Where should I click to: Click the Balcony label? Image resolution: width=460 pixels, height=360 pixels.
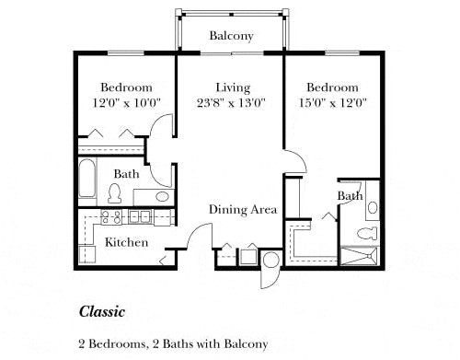pos(231,36)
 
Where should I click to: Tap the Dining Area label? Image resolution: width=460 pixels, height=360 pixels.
pos(242,210)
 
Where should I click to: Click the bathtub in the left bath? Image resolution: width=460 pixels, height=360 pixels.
pos(86,179)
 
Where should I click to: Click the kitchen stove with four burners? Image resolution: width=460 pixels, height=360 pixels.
pos(111,217)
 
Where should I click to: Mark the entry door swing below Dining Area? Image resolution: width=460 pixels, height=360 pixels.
pos(194,238)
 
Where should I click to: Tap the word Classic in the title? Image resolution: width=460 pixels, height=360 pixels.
pos(100,311)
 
